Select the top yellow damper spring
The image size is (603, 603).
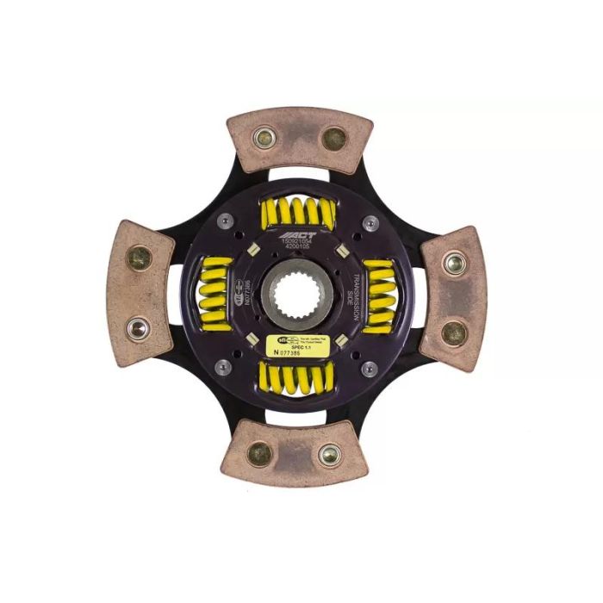click(298, 210)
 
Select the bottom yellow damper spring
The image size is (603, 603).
click(297, 377)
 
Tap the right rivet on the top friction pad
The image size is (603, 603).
click(333, 138)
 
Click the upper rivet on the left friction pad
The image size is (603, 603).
click(139, 257)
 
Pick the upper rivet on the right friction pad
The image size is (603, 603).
click(454, 263)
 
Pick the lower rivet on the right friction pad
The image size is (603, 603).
click(453, 332)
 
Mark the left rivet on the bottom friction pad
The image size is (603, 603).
click(259, 453)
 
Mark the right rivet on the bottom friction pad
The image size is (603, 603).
click(329, 454)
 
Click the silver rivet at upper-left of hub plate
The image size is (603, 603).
click(226, 221)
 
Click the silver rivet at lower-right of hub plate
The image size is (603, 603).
click(370, 369)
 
